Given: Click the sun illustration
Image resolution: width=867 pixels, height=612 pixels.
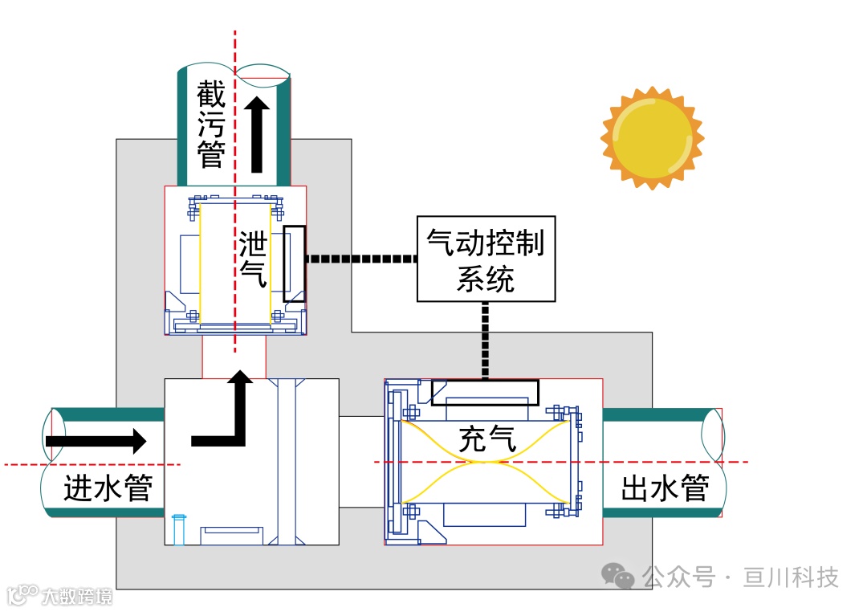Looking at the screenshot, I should (652, 137).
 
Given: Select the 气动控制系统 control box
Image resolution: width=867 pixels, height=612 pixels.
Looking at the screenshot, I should (486, 259).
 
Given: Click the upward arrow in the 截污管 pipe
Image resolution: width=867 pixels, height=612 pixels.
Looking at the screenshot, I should (257, 133).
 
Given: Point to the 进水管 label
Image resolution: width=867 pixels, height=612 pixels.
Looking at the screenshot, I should (108, 488).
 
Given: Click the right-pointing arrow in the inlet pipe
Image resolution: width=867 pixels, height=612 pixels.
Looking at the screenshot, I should (96, 441).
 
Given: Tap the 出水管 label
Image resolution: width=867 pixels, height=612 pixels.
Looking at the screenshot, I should (665, 488).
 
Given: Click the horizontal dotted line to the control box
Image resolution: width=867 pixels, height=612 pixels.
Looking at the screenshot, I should (361, 259).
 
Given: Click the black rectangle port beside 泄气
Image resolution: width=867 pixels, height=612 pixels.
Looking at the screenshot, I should (295, 263).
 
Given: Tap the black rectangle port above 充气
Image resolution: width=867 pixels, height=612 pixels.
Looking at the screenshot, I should (485, 392).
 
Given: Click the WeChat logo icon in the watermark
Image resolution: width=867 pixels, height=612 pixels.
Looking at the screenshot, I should (619, 575).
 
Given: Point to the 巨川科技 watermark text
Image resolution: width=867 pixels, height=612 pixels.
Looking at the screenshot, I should (791, 577).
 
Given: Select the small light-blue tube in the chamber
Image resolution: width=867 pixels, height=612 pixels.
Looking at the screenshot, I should (178, 529).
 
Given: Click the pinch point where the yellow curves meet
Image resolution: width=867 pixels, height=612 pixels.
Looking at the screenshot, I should (485, 462).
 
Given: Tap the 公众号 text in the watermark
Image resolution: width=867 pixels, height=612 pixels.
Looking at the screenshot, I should (678, 577).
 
